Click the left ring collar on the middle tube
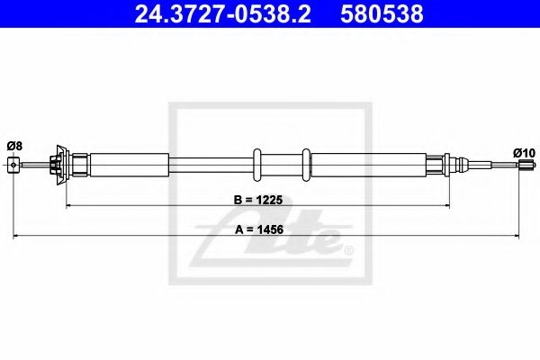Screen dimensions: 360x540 (x=258, y=165)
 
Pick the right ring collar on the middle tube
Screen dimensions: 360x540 (x=308, y=165)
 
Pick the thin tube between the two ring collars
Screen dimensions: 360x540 (x=283, y=165)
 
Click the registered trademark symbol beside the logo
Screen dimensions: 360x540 (x=347, y=247)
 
